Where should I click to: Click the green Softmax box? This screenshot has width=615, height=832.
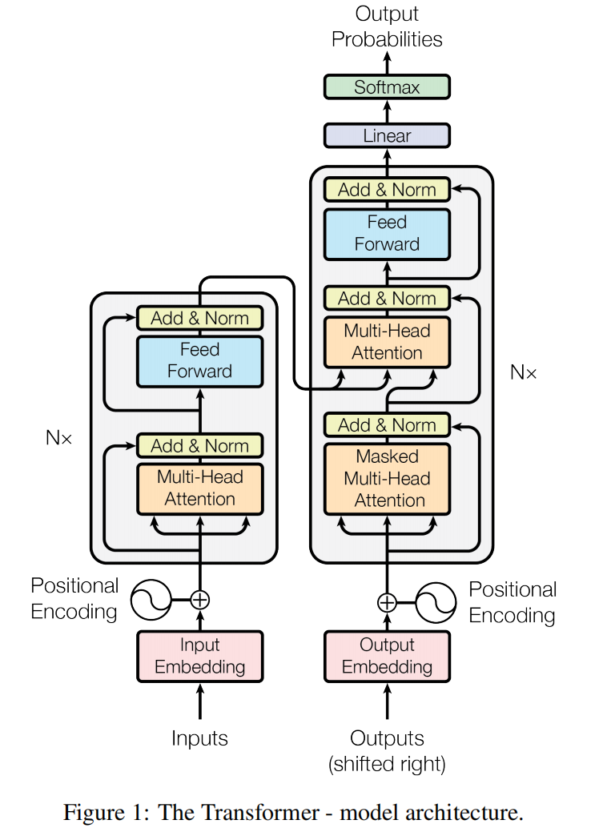(387, 86)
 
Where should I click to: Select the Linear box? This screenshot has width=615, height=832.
(387, 135)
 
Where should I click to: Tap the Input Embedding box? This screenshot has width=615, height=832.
(199, 656)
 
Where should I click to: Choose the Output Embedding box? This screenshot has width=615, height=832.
(387, 656)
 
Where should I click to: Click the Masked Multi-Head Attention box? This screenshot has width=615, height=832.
(387, 478)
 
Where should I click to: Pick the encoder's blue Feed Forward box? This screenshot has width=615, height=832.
(199, 360)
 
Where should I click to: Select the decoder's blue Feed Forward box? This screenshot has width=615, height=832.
(387, 233)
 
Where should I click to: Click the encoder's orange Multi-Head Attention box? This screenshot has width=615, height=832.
(199, 488)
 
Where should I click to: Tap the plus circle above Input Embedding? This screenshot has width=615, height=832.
(199, 598)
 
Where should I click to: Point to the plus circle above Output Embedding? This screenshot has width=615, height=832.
(387, 602)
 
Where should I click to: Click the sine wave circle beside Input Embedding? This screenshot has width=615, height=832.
(151, 598)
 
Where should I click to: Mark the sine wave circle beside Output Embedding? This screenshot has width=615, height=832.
(436, 602)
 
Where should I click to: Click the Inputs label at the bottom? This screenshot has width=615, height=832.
(199, 738)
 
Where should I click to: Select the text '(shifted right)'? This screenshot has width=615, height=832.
(387, 764)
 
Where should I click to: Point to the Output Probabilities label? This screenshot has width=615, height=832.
(387, 26)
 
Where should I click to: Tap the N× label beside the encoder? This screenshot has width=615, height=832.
(58, 438)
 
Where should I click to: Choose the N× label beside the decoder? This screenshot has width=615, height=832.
(524, 372)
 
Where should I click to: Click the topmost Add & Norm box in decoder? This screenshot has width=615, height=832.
(387, 190)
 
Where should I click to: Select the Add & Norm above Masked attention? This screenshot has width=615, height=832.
(387, 425)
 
